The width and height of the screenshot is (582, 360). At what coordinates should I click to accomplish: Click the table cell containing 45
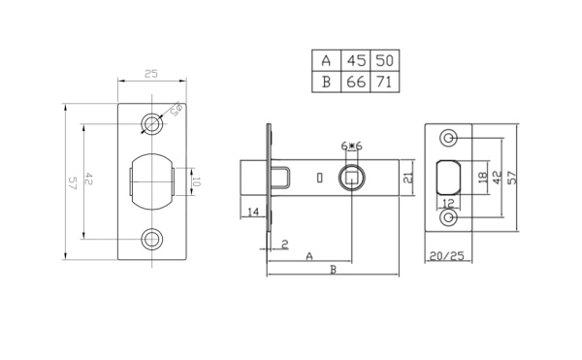356,60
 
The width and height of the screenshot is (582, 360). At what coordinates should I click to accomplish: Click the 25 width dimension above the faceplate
151,74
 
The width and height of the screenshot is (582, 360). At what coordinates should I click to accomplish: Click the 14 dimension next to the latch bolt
252,212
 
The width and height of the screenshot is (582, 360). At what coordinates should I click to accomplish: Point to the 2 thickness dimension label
283,244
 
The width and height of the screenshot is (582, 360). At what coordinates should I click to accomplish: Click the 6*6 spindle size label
351,146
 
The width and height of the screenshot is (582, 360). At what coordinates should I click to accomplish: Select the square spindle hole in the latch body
350,178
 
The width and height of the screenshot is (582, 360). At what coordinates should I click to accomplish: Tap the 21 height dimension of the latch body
408,177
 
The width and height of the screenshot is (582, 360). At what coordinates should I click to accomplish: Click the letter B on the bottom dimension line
333,272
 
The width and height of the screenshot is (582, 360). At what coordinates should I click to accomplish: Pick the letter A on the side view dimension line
308,256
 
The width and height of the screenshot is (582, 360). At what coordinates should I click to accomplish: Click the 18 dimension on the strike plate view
481,178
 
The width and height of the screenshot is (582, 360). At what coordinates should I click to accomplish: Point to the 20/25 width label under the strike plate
447,258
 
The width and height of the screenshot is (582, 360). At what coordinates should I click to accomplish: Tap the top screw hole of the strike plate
448,137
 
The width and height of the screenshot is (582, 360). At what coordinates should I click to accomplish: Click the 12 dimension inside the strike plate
448,203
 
